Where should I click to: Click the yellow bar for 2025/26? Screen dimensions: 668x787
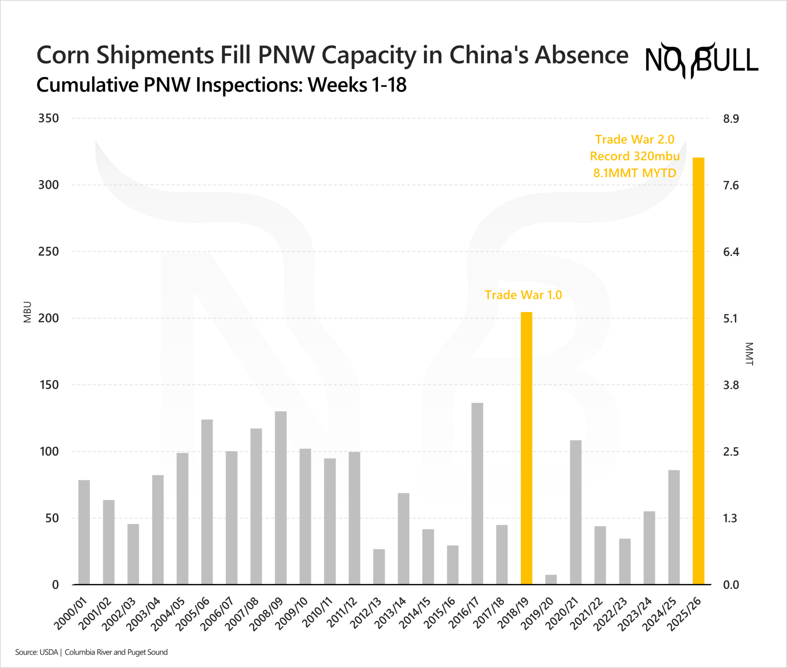click(698, 371)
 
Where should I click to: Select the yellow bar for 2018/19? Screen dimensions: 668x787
click(526, 448)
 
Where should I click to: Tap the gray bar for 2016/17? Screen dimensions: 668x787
click(477, 494)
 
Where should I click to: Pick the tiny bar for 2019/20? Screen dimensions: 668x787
click(551, 580)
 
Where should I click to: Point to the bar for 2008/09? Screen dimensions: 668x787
click(281, 498)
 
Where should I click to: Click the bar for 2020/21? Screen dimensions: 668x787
click(575, 512)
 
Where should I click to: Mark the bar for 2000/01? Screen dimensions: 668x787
click(84, 532)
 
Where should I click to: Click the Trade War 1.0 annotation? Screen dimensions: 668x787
click(523, 295)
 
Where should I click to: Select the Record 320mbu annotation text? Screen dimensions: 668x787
click(635, 156)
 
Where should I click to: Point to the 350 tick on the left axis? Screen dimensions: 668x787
click(48, 118)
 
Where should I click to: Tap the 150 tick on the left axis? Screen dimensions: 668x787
click(48, 385)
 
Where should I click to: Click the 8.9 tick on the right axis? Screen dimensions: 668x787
click(731, 119)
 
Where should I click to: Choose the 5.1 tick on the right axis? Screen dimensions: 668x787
click(730, 319)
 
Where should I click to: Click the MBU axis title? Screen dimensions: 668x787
click(27, 312)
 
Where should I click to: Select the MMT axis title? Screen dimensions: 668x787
click(749, 353)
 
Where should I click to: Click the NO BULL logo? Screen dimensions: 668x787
click(701, 61)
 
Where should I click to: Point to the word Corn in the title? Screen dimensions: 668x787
click(64, 55)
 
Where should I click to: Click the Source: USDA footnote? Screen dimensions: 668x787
click(36, 652)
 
